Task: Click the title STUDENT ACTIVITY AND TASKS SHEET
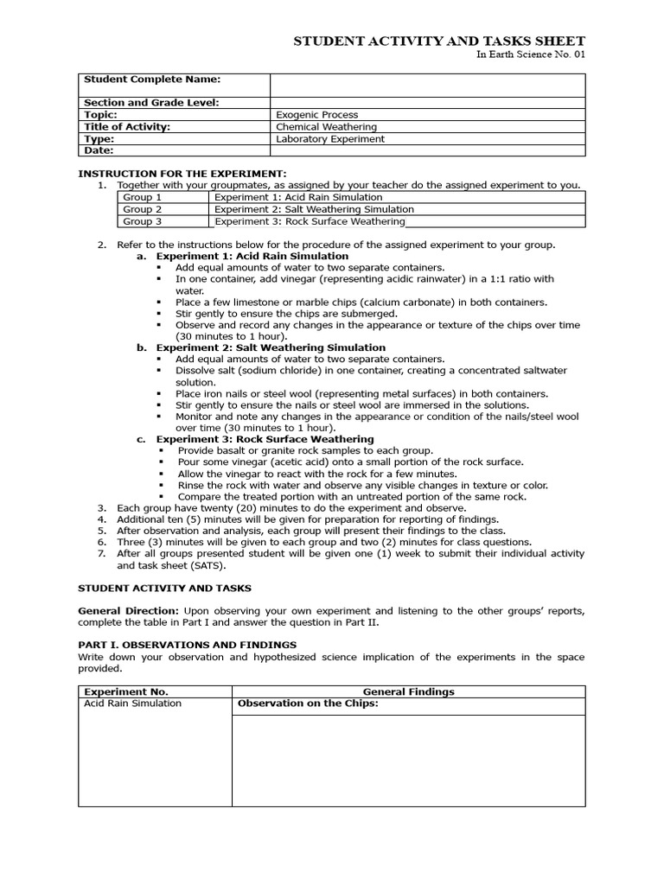pyautogui.click(x=439, y=41)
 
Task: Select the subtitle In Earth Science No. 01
pyautogui.click(x=531, y=54)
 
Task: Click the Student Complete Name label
pyautogui.click(x=152, y=80)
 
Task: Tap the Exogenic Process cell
pyautogui.click(x=316, y=115)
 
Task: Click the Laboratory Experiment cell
pyautogui.click(x=330, y=139)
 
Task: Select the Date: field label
pyautogui.click(x=99, y=150)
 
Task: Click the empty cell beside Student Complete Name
pyautogui.click(x=427, y=85)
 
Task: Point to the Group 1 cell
pyautogui.click(x=143, y=198)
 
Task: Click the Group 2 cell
pyautogui.click(x=143, y=210)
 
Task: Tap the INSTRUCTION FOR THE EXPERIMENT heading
pyautogui.click(x=182, y=174)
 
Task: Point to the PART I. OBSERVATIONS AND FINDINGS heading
pyautogui.click(x=188, y=645)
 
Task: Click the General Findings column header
pyautogui.click(x=408, y=692)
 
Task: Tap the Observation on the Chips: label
pyautogui.click(x=308, y=704)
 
